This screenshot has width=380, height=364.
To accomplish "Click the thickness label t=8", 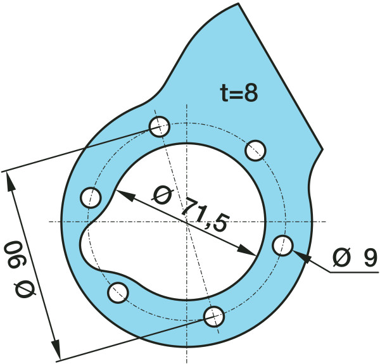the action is [239, 92].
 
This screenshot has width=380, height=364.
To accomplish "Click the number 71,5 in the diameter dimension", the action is [205, 215].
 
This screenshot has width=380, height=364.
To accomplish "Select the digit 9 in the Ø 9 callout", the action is [370, 259].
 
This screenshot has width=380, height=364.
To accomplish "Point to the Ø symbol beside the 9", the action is [342, 258].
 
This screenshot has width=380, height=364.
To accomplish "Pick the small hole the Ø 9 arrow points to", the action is [282, 245].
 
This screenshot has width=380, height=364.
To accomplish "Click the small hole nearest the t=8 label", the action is [255, 151].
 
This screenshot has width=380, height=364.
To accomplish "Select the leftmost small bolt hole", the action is [91, 197].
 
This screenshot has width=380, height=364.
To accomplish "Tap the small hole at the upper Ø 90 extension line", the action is [159, 127].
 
